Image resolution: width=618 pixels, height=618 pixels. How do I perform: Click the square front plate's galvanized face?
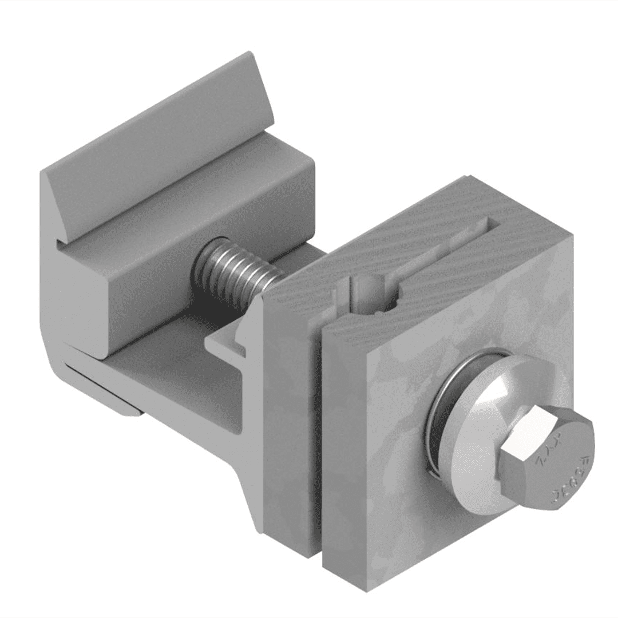tap(401, 458)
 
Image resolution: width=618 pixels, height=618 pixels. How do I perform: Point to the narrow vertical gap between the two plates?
tap(318, 446)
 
